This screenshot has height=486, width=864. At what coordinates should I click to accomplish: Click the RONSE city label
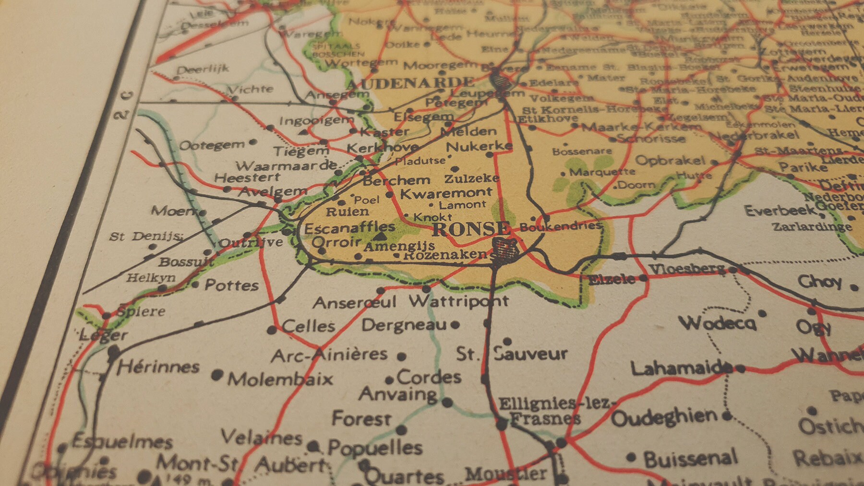tap(471, 229)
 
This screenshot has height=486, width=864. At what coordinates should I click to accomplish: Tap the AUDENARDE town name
tap(410, 83)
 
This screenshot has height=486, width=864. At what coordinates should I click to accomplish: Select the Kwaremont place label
tap(446, 193)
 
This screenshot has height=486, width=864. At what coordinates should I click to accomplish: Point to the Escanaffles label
tap(350, 228)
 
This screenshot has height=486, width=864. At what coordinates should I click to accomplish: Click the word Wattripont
tap(458, 301)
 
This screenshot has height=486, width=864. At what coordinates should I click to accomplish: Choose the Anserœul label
tap(355, 303)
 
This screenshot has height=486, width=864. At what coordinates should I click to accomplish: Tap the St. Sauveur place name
tap(512, 355)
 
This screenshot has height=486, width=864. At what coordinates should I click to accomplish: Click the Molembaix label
tap(280, 379)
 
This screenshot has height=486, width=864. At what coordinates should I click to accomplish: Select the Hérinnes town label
tap(158, 367)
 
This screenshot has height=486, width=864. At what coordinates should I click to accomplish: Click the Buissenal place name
tap(690, 459)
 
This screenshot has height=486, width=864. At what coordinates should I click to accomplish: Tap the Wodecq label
tap(717, 323)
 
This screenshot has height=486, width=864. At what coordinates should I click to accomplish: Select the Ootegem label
tap(212, 145)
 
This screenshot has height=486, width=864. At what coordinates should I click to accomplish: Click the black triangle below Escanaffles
tap(380, 237)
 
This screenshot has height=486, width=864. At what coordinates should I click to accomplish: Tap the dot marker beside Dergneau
tap(455, 325)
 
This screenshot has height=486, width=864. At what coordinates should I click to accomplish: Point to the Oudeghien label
tap(664, 418)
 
